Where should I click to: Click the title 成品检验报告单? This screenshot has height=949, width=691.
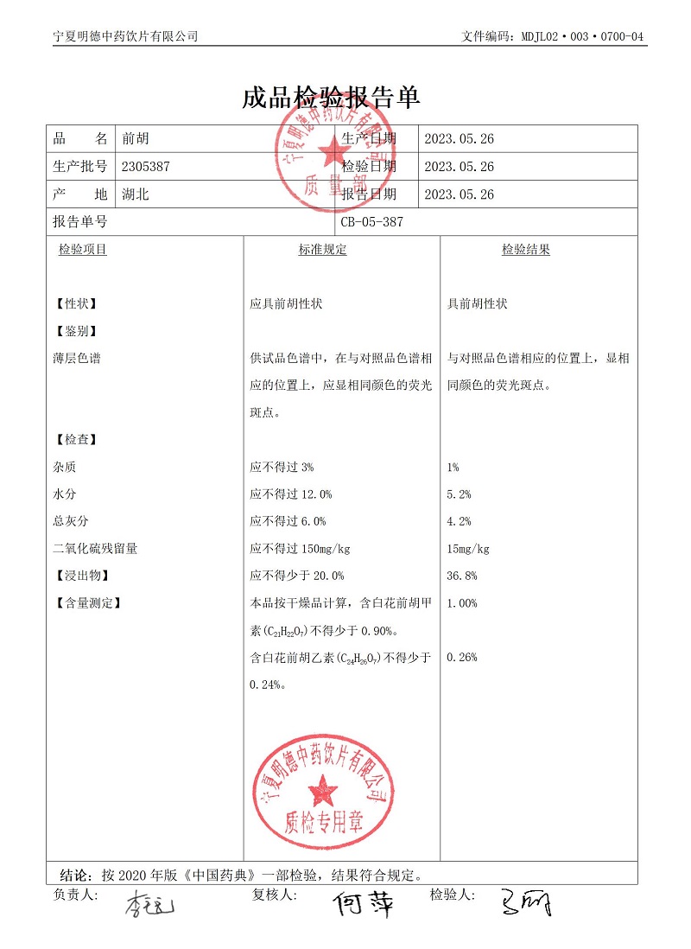click(332, 98)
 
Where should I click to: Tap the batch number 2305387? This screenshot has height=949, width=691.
click(147, 167)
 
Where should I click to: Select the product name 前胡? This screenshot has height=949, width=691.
click(136, 139)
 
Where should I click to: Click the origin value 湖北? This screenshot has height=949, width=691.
click(136, 194)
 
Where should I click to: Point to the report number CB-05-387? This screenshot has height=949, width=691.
click(371, 222)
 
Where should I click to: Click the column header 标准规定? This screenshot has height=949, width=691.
click(322, 250)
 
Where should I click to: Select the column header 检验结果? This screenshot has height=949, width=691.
click(526, 250)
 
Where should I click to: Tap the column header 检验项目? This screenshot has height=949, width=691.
click(83, 250)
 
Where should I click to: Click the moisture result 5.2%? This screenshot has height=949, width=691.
click(459, 494)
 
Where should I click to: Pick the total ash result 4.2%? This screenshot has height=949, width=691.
click(459, 521)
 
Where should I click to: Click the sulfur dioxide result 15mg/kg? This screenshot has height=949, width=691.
click(468, 549)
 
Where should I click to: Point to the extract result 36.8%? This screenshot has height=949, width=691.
click(462, 576)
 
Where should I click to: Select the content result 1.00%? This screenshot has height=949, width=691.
click(462, 603)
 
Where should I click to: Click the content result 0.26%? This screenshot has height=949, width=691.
click(462, 658)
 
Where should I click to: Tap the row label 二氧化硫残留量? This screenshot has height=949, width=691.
click(95, 549)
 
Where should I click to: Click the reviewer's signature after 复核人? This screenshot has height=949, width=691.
click(364, 903)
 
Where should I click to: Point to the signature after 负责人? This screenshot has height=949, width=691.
click(149, 907)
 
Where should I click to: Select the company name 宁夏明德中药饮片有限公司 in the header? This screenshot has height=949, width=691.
click(126, 36)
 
